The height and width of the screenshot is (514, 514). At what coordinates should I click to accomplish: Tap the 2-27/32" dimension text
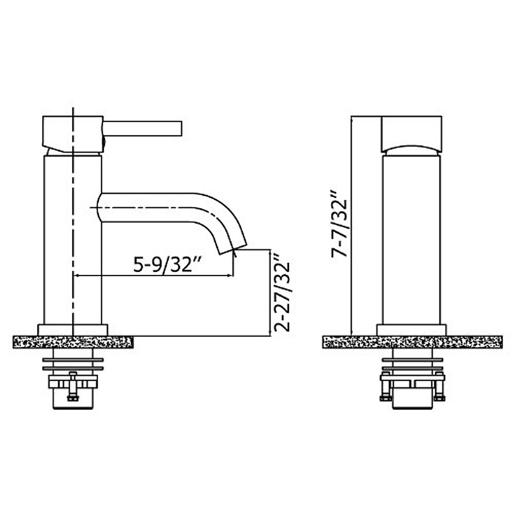tap(283, 293)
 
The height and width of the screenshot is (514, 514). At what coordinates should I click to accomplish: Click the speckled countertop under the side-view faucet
tap(73, 342)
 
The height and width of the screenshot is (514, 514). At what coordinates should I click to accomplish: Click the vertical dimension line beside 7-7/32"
tap(351, 227)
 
